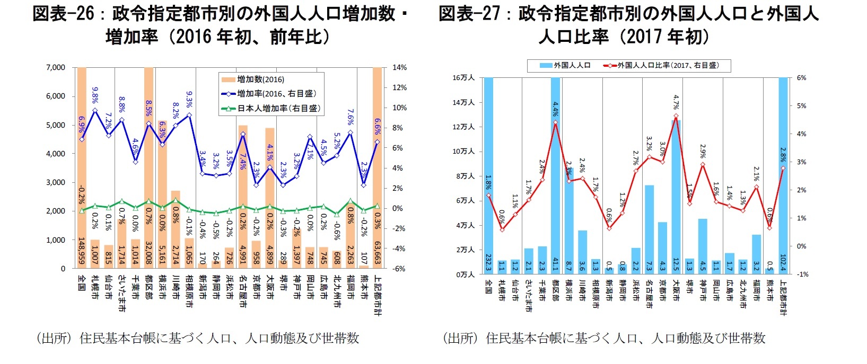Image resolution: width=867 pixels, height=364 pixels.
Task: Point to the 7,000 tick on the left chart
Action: [x=56, y=67]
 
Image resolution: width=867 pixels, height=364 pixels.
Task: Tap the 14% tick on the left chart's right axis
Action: [x=399, y=67]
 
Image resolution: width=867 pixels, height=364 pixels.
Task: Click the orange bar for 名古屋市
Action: [x=243, y=196]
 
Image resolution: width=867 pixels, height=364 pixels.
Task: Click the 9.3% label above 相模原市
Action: [x=189, y=100]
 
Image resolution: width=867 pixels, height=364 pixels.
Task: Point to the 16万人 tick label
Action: [x=463, y=78]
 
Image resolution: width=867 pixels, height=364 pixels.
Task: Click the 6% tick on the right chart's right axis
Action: [x=802, y=78]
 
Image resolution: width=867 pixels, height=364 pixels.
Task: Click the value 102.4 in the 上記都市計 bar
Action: [x=783, y=263]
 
